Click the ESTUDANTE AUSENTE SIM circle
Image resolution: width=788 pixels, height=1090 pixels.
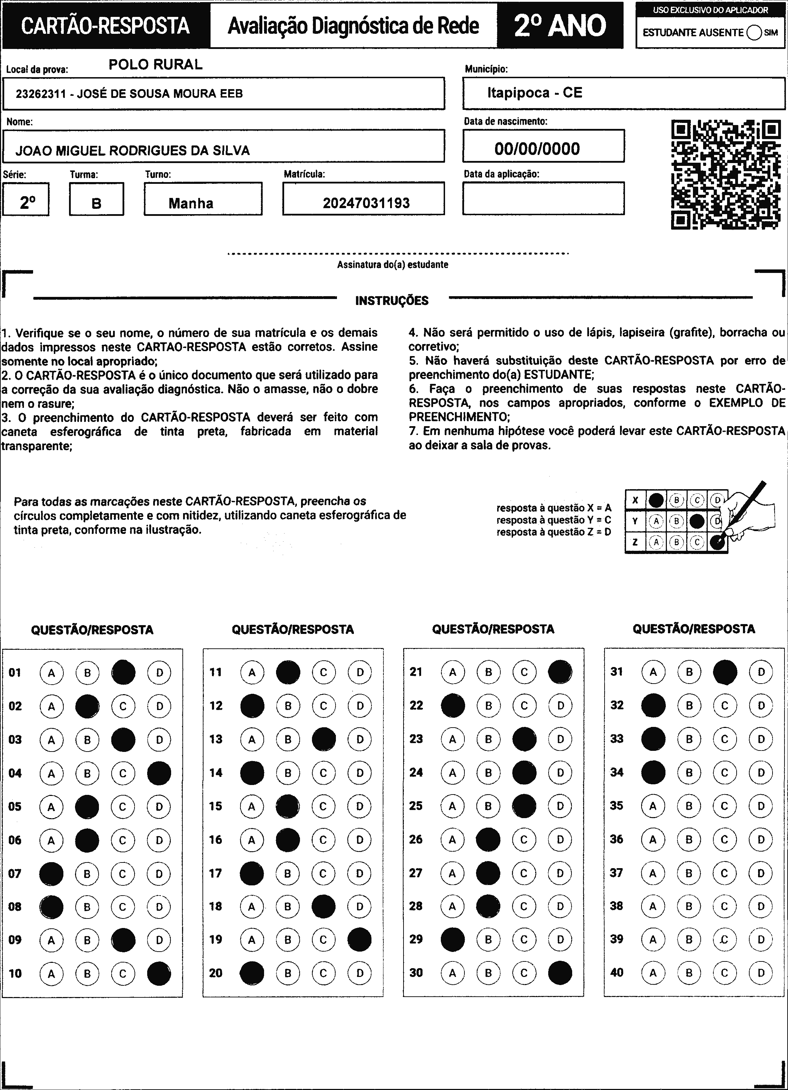754,33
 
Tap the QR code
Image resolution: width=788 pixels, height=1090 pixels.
726,174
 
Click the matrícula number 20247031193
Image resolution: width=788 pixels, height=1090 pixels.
366,203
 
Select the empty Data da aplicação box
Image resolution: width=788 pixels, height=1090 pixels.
543,199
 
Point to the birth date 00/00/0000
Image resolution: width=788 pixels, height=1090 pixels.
537,149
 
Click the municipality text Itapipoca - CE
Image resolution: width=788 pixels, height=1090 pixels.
534,93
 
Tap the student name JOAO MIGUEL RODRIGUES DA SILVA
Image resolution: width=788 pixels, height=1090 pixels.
133,151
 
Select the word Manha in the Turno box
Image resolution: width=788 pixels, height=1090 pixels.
191,203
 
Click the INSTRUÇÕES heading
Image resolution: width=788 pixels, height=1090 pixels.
392,301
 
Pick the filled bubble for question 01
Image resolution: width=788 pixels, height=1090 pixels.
124,672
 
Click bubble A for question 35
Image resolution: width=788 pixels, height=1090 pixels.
652,806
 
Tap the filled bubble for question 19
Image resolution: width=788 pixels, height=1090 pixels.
359,940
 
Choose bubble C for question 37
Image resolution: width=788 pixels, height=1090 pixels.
725,873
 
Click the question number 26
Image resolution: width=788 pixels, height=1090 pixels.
416,839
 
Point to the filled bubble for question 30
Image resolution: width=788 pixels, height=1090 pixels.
560,973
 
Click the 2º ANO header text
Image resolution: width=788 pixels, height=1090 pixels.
560,25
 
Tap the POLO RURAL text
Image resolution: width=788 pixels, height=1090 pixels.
156,64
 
